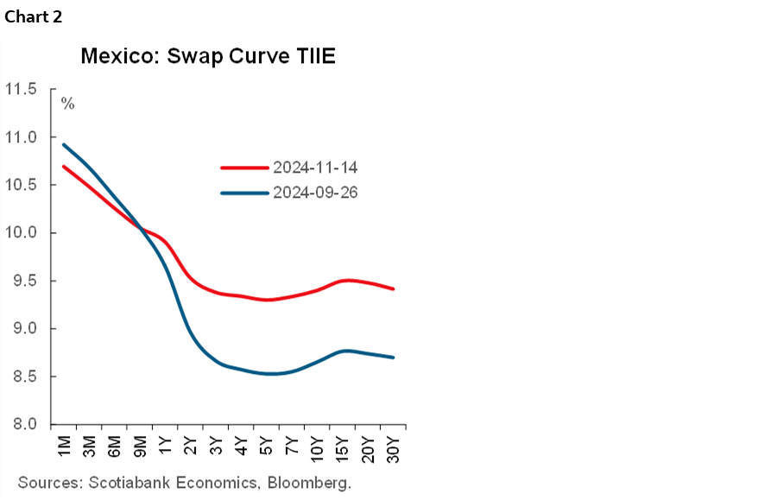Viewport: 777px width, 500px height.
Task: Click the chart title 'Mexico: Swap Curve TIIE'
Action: click(207, 57)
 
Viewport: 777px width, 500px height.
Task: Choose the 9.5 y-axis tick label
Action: click(24, 281)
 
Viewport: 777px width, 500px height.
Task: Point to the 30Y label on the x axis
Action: click(394, 450)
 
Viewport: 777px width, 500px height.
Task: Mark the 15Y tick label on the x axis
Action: click(344, 450)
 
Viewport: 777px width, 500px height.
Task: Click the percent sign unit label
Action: click(67, 104)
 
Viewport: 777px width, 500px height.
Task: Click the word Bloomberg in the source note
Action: click(311, 482)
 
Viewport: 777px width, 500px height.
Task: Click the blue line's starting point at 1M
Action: click(64, 144)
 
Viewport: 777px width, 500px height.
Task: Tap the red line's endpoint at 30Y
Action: click(394, 288)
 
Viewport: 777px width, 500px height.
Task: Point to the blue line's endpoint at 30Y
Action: click(394, 358)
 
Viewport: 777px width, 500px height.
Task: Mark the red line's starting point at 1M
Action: click(64, 166)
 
